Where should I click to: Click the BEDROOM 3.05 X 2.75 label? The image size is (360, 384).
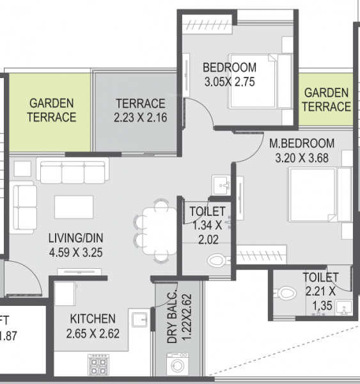pyautogui.click(x=230, y=74)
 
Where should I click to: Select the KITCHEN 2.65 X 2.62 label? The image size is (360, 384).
pyautogui.click(x=93, y=325)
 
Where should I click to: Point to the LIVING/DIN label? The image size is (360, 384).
pyautogui.click(x=77, y=244)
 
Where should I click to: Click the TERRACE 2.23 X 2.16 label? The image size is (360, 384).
pyautogui.click(x=139, y=109)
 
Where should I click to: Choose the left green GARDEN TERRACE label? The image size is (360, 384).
pyautogui.click(x=52, y=109)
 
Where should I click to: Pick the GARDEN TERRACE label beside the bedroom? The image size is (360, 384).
pyautogui.click(x=327, y=100)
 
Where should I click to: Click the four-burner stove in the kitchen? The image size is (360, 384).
pyautogui.click(x=98, y=365)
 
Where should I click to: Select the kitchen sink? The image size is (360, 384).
pyautogui.click(x=138, y=318)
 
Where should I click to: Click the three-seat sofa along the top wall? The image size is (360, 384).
pyautogui.click(x=71, y=172)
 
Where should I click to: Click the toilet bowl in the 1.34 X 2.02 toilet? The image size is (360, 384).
pyautogui.click(x=217, y=259)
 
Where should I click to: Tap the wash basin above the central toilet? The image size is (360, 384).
pyautogui.click(x=221, y=183)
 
